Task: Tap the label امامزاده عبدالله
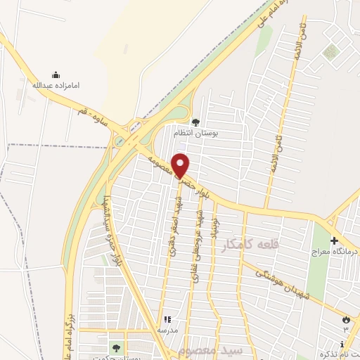[x=56, y=85]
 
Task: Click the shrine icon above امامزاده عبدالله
[x=56, y=75]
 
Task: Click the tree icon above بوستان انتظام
[x=195, y=122]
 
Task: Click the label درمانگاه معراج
[x=334, y=250]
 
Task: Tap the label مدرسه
[x=167, y=328]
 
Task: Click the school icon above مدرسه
[x=167, y=319]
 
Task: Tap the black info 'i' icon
[x=341, y=344]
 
